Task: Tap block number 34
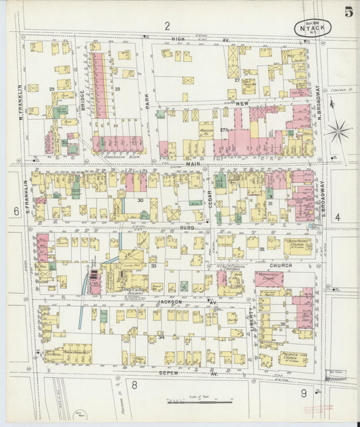pyautogui.click(x=161, y=336)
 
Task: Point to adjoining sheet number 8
pyautogui.click(x=134, y=385)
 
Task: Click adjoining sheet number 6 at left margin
pyautogui.click(x=16, y=211)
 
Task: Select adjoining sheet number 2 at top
pyautogui.click(x=166, y=26)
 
